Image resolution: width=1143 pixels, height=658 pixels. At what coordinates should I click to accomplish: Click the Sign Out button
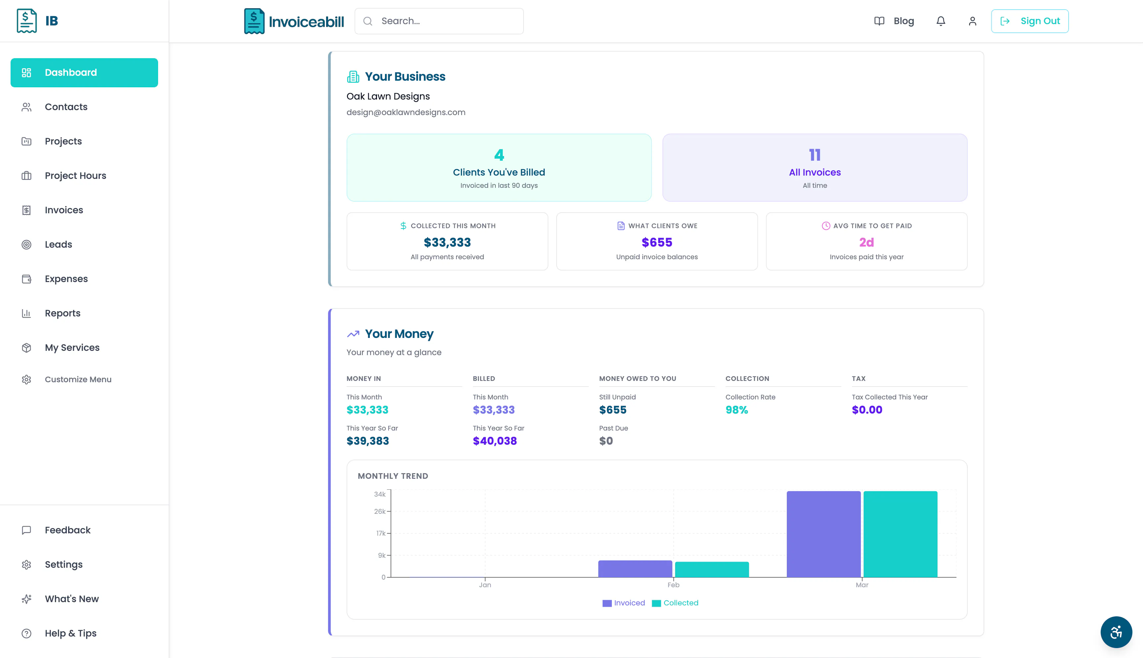pos(1030,21)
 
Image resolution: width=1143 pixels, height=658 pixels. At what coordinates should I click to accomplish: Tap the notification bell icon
pos(941,21)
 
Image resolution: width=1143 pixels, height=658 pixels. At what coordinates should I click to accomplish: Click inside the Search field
pos(439,21)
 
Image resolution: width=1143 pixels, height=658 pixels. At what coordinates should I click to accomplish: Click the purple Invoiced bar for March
pos(824,534)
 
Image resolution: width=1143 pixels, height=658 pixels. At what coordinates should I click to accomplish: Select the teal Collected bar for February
pos(712,569)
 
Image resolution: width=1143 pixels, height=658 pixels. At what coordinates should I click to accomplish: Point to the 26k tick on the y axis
pos(380,512)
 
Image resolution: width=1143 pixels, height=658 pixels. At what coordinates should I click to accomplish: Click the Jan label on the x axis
pos(485,585)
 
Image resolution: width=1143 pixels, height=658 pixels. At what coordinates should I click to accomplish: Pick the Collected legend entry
pos(675,603)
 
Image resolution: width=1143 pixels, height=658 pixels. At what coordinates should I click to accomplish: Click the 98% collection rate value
pos(737,410)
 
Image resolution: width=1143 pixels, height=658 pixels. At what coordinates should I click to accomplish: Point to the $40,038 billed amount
pos(495,441)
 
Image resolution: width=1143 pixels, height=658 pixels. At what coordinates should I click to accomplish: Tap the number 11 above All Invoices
pos(815,155)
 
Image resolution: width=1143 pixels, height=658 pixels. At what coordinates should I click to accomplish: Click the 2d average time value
pos(867,243)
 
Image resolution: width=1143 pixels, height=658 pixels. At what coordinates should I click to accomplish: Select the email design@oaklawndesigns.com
pos(406,112)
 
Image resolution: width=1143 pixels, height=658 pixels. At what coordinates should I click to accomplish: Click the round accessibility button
pos(1116,632)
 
